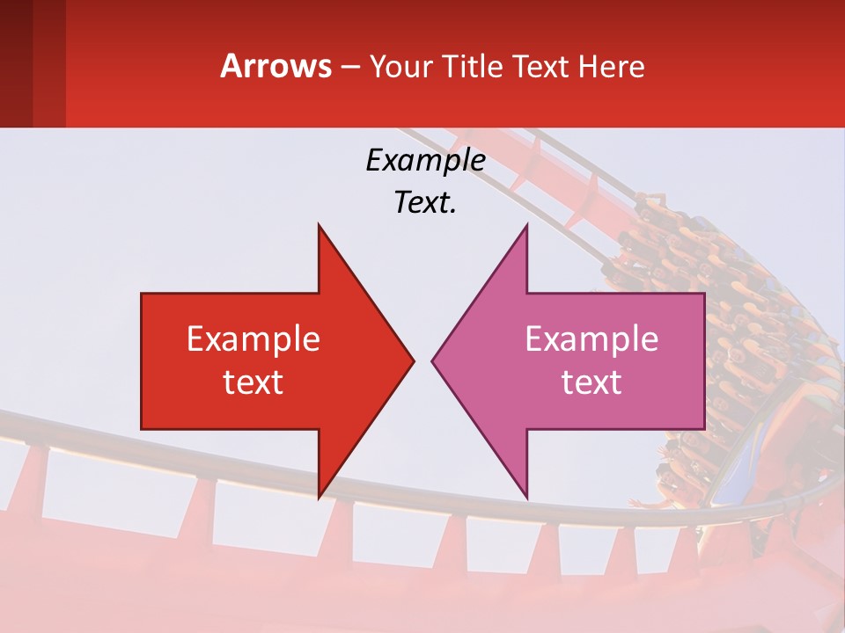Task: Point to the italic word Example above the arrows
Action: (x=425, y=160)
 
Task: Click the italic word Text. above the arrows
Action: (x=425, y=203)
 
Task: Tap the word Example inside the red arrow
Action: (x=253, y=338)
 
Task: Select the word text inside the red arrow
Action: (x=253, y=382)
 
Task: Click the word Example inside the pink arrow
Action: (x=591, y=338)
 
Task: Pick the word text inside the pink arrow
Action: (x=591, y=382)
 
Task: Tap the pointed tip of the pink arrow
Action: (x=433, y=360)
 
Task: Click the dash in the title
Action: (x=349, y=67)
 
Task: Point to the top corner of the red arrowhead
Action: (x=319, y=225)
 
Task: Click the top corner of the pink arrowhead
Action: (x=526, y=225)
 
